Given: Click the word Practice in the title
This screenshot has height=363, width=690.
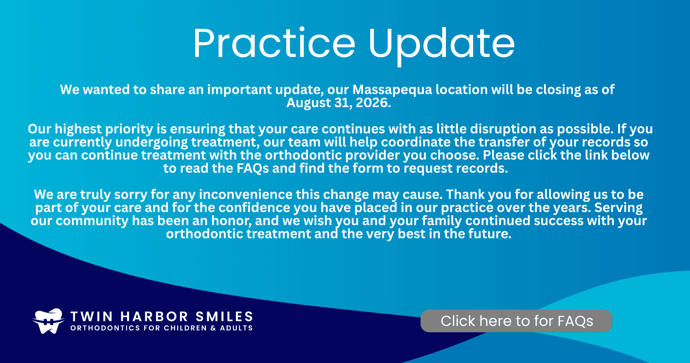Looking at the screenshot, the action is click(x=274, y=43).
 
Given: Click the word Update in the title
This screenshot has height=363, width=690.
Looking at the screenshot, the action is click(x=442, y=46).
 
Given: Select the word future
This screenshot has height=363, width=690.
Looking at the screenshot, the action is click(x=490, y=234).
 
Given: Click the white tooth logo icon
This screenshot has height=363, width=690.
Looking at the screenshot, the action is click(x=49, y=321).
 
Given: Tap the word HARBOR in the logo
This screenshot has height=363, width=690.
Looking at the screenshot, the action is click(x=154, y=317).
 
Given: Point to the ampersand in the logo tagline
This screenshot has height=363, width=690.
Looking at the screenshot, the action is click(x=213, y=328).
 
